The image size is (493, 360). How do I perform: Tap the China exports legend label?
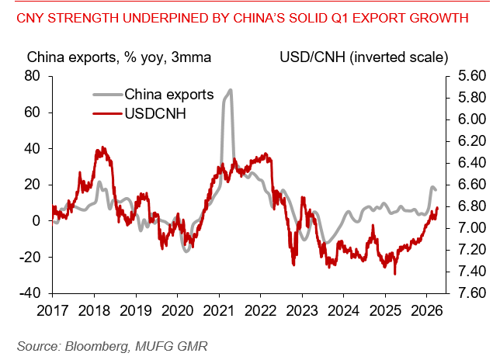168,95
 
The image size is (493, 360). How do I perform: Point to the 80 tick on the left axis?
33,76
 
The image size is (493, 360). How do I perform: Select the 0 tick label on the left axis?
36,221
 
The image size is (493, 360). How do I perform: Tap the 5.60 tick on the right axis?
463,76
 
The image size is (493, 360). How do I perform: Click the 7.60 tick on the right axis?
463,293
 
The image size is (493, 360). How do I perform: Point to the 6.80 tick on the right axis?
463,206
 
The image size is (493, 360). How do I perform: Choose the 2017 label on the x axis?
53,310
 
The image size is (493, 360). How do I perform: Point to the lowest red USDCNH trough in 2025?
395,274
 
